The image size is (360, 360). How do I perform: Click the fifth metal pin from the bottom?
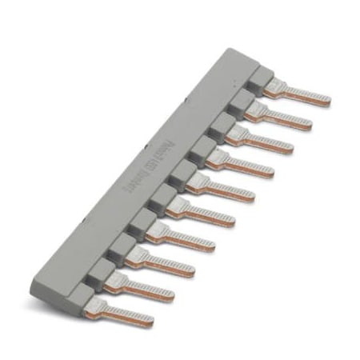pos(204,213)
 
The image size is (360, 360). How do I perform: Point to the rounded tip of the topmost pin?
pos(326,100)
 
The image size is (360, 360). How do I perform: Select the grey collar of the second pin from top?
pos(241,99)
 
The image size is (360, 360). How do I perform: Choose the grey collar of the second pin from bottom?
pos(102,273)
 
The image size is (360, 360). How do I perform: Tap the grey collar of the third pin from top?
pos(220,123)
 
